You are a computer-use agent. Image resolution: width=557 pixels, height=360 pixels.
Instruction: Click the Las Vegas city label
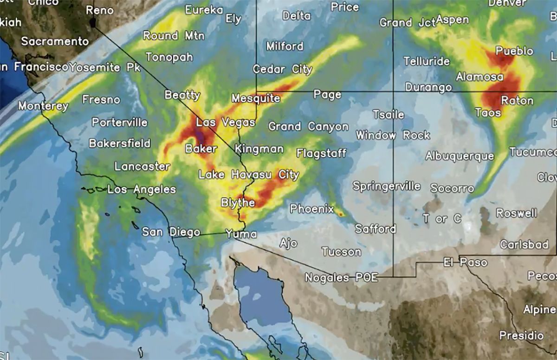click(x=225, y=123)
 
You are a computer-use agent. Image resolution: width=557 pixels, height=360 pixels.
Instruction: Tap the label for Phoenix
click(x=311, y=209)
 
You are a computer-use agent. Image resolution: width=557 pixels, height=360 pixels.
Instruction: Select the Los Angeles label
click(x=142, y=190)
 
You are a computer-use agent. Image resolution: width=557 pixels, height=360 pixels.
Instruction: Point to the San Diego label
click(x=171, y=232)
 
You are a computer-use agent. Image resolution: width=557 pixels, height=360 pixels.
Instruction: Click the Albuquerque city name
click(x=460, y=156)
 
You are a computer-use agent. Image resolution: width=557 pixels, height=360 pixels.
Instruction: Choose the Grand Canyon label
click(x=308, y=127)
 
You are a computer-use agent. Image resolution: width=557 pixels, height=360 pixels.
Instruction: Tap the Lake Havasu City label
click(x=249, y=175)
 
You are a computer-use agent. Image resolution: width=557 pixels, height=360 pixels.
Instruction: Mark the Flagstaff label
click(x=321, y=153)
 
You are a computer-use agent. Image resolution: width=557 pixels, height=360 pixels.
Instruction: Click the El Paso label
click(x=465, y=263)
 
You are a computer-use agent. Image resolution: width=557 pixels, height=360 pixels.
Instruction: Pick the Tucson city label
click(x=341, y=252)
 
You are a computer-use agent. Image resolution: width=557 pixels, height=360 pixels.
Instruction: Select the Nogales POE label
click(x=341, y=278)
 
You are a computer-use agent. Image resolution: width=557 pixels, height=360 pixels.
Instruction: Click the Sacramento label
click(x=54, y=41)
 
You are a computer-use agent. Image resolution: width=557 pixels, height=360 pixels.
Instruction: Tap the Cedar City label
click(x=282, y=70)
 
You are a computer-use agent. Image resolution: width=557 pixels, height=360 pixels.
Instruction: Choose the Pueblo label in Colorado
click(x=514, y=51)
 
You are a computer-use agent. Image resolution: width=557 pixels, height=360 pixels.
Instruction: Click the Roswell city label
click(x=516, y=213)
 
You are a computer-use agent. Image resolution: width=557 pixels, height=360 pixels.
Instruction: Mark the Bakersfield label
click(x=119, y=143)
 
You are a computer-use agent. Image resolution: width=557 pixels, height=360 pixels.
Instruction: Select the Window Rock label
click(x=393, y=136)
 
